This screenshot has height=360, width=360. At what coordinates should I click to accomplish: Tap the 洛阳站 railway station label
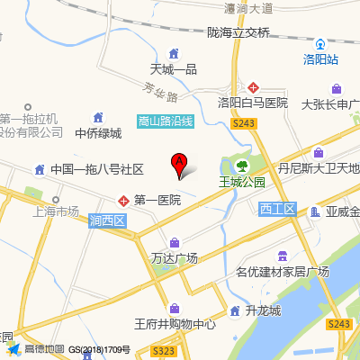coord(320,59)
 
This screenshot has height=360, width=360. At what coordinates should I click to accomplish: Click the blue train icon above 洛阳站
coord(320,43)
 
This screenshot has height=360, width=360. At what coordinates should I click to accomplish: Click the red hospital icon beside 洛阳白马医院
coord(255,87)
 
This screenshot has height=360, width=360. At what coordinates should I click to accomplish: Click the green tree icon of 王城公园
coord(242,166)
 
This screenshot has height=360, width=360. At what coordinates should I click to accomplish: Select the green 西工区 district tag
coord(276,209)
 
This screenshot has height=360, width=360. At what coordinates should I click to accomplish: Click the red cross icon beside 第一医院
coord(123,199)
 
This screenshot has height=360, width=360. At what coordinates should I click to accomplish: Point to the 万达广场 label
coord(174,257)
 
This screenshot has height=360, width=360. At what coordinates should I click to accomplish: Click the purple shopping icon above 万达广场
coord(174,242)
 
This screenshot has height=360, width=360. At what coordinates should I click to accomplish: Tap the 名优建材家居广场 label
coord(282,272)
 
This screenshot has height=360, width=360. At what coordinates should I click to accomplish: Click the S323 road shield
coord(164,351)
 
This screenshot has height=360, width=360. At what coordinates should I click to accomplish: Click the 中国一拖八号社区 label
coord(97,169)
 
